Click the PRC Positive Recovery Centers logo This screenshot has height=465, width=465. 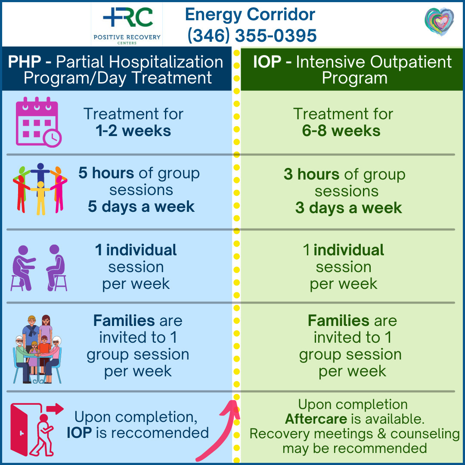point(127,25)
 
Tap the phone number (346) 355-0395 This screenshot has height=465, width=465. point(252,36)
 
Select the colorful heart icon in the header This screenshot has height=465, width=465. point(439,22)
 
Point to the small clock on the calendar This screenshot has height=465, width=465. point(53,138)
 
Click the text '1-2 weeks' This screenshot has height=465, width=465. point(133,131)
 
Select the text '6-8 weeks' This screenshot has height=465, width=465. point(341,131)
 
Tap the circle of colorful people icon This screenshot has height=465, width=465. point(40,189)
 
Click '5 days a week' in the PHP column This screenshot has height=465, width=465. point(141,207)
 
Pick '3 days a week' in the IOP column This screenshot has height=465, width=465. point(348,208)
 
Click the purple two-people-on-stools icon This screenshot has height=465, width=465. point(39,268)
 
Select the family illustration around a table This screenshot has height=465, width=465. point(37,349)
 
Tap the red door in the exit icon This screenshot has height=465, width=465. point(19,430)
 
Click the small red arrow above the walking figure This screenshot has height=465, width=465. point(55,409)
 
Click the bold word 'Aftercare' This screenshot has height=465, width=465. point(316,419)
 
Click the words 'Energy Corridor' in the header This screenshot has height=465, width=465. point(250,15)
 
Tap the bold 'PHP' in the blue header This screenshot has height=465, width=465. point(24,62)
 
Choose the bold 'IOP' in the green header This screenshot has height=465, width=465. point(267,62)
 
